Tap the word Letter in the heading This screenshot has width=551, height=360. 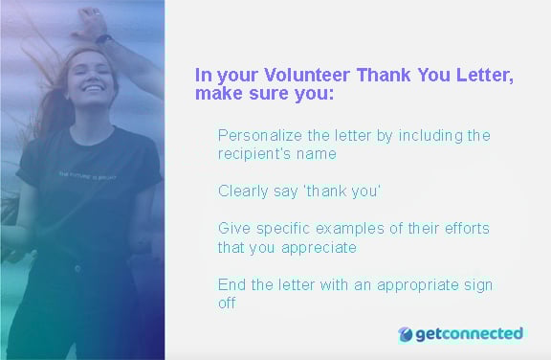pos(487,76)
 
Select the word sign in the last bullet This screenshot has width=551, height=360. pos(477,285)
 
